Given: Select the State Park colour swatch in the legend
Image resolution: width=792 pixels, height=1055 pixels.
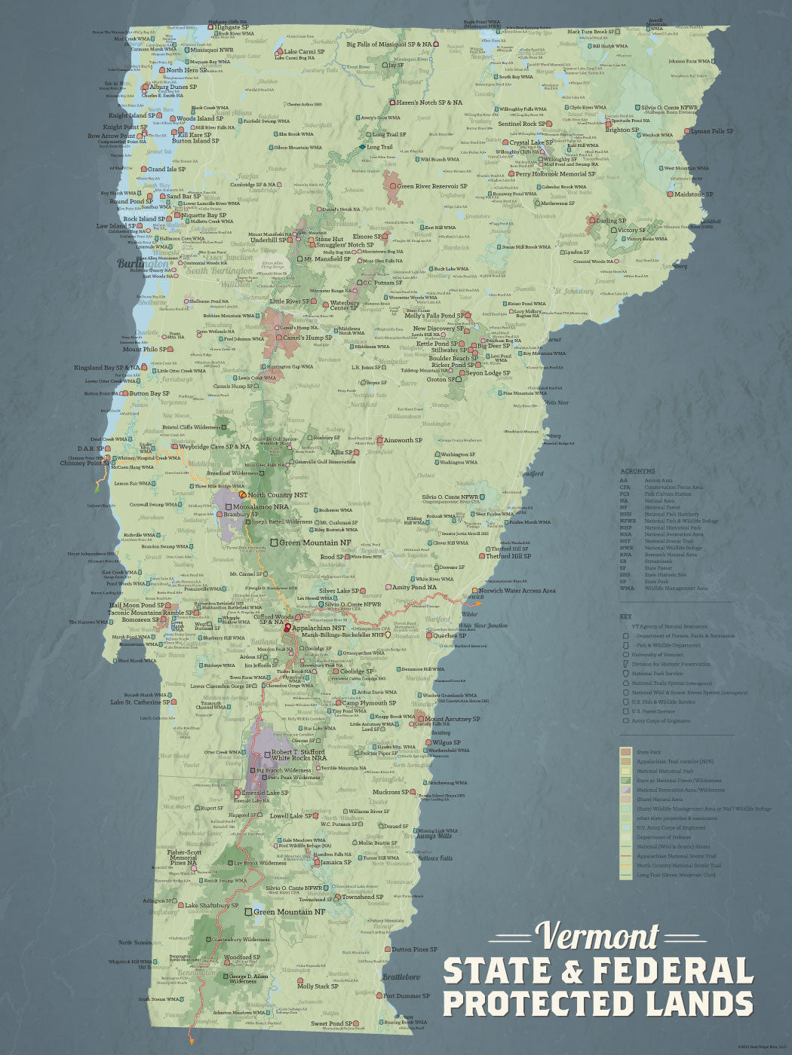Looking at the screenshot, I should (x=625, y=752).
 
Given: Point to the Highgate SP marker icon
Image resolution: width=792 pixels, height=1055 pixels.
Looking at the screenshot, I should (x=210, y=28).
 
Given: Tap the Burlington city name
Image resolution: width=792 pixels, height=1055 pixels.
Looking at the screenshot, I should (x=143, y=264).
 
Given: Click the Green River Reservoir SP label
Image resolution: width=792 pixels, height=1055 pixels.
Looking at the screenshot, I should (x=432, y=186).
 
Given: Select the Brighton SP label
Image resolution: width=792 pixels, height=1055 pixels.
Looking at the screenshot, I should (x=622, y=130).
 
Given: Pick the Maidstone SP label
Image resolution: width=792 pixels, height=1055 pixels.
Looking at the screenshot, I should (x=694, y=194).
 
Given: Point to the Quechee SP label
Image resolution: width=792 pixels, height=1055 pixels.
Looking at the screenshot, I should (x=450, y=635).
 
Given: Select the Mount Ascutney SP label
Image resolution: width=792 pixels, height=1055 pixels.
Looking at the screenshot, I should (x=452, y=719).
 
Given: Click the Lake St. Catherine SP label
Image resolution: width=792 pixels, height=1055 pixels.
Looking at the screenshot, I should (x=140, y=702).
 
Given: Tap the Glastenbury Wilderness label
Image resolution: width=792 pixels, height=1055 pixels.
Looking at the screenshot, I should (x=240, y=940).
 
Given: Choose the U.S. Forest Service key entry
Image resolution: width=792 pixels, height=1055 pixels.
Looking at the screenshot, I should (x=653, y=711).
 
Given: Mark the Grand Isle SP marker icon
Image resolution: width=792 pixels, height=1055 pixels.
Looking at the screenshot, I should (x=143, y=170).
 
